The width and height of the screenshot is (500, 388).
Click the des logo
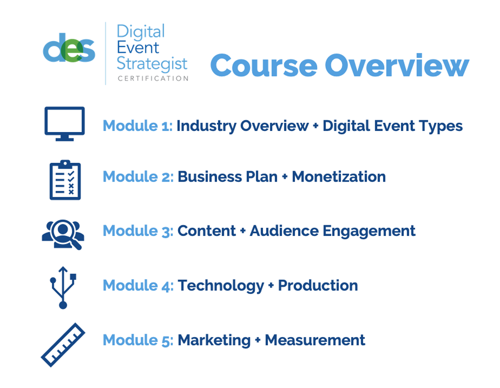coord(69,48)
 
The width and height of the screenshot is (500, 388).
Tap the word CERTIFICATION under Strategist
coord(153,78)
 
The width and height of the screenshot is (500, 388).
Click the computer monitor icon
coord(64,123)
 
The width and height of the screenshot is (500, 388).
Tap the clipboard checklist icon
coord(64,180)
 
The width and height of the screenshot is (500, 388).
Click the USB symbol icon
coord(63,286)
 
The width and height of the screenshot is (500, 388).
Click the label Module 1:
coord(137,126)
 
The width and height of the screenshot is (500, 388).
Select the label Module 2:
coord(137,177)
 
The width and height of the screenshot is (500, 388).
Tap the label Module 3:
coord(137,231)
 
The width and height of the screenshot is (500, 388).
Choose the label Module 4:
coord(137,285)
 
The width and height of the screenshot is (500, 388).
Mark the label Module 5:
coord(137,340)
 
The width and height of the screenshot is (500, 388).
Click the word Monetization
coord(338,177)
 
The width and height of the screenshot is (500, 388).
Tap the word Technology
coord(220,286)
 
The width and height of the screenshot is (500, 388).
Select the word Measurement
coord(315,340)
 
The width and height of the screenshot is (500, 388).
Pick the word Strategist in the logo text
coord(152,63)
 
